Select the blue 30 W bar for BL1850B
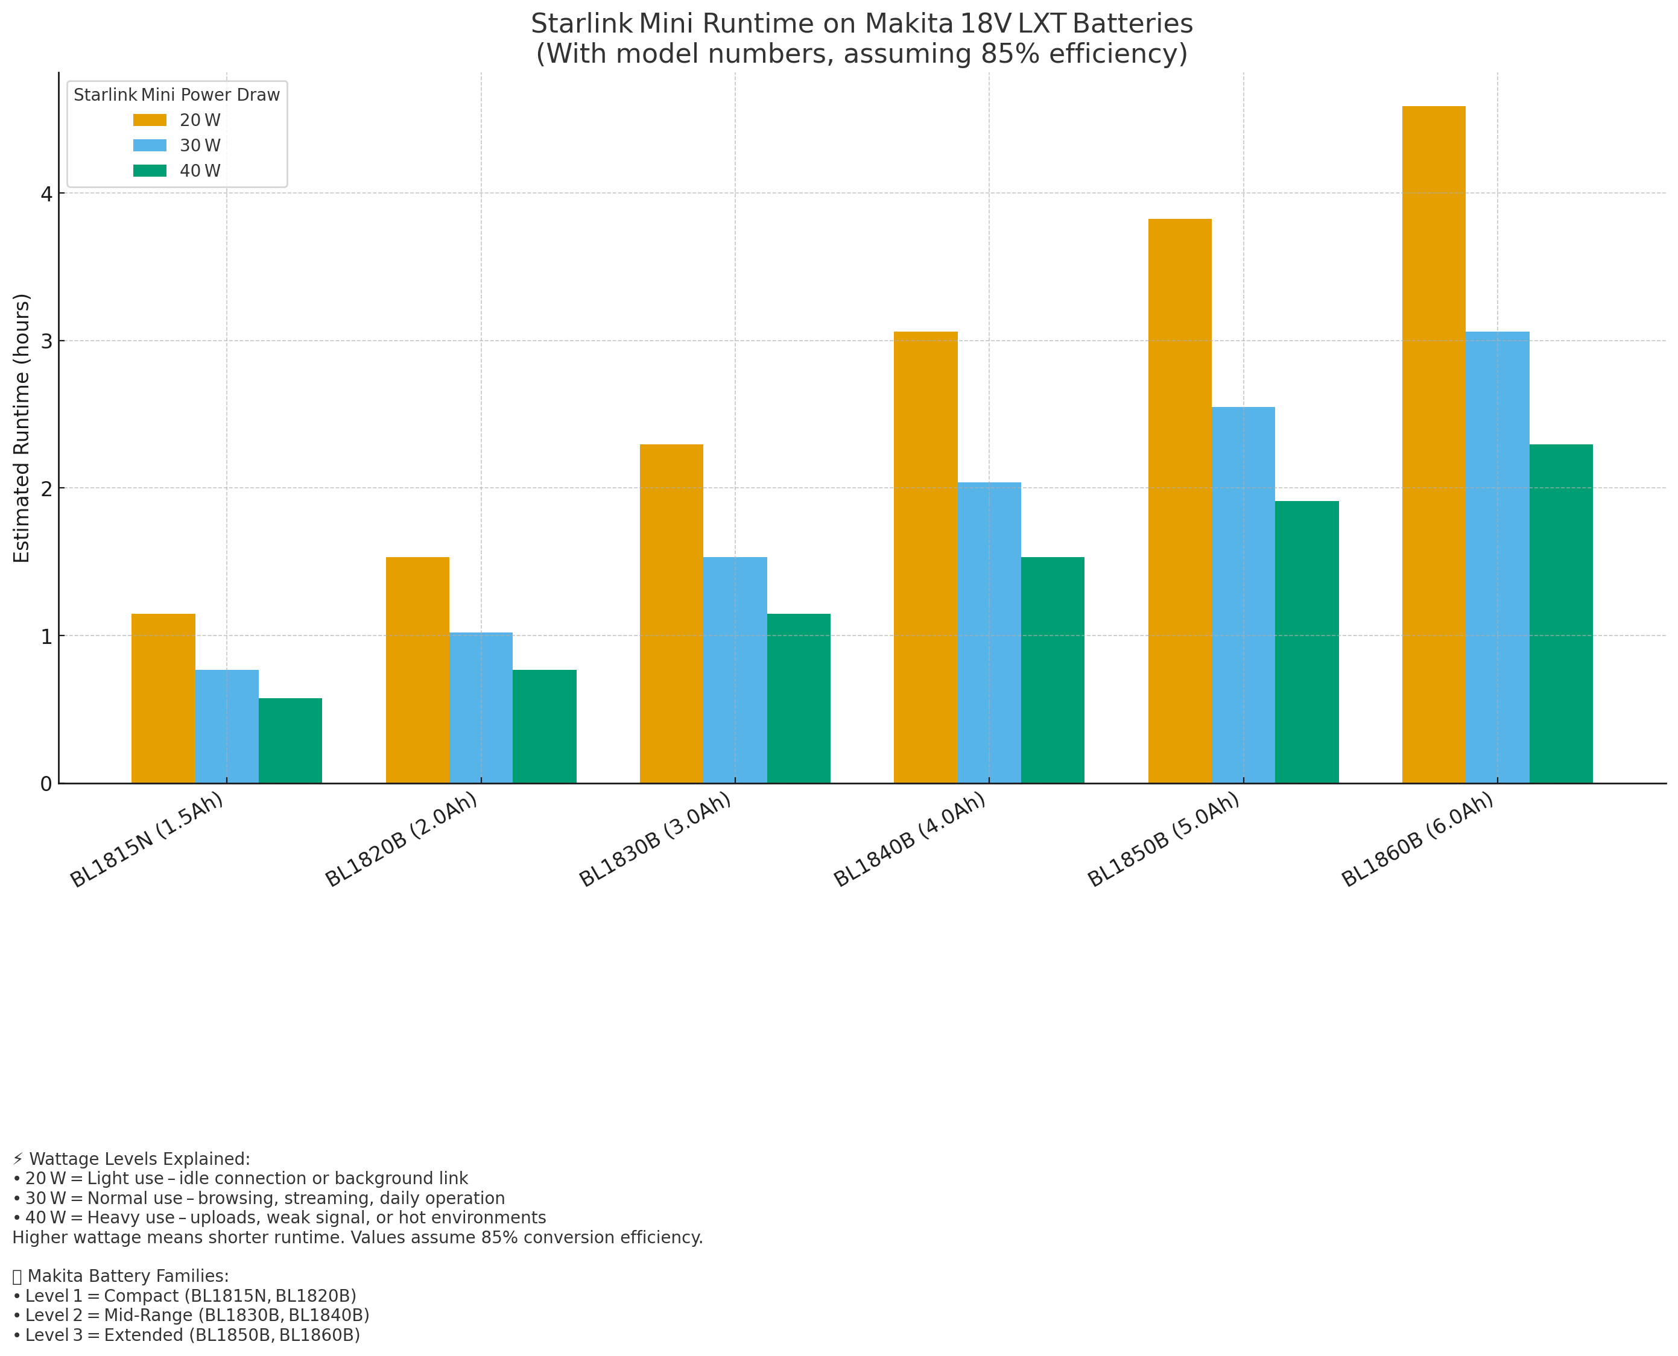point(1243,594)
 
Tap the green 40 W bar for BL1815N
point(290,740)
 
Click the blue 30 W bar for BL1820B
point(481,707)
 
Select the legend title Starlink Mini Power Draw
point(177,95)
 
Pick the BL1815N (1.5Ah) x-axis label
point(146,840)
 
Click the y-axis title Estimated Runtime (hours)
point(22,428)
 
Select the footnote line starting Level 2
point(191,1316)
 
